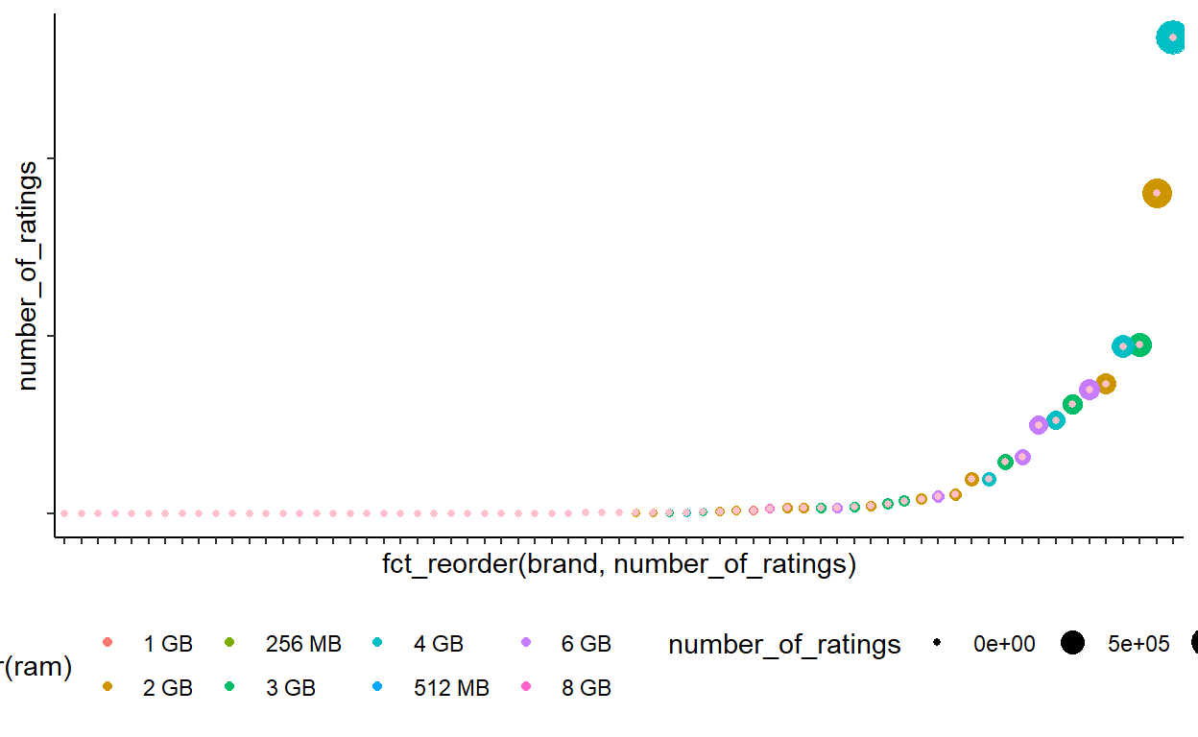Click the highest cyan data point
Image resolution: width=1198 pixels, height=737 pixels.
(1172, 37)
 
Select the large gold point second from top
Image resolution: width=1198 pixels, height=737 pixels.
(1157, 193)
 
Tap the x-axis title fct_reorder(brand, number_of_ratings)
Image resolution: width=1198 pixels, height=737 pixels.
(618, 564)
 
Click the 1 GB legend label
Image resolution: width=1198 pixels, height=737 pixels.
(168, 644)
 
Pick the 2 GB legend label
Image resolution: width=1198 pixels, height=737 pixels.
(168, 688)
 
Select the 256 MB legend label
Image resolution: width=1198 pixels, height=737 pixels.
(302, 644)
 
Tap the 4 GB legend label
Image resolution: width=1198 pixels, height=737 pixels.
(439, 644)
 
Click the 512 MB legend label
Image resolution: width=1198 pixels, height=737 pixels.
(451, 688)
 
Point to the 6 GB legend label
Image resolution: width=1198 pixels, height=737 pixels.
(586, 644)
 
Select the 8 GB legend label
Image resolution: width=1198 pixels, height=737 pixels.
(586, 688)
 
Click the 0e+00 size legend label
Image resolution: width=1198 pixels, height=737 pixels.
(1004, 644)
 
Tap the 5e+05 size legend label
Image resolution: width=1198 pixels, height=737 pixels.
(1138, 644)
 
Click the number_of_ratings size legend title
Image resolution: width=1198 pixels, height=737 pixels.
(784, 645)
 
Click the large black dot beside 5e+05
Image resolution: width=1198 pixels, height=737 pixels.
(1072, 643)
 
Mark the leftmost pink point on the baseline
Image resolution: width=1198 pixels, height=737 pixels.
(64, 513)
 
